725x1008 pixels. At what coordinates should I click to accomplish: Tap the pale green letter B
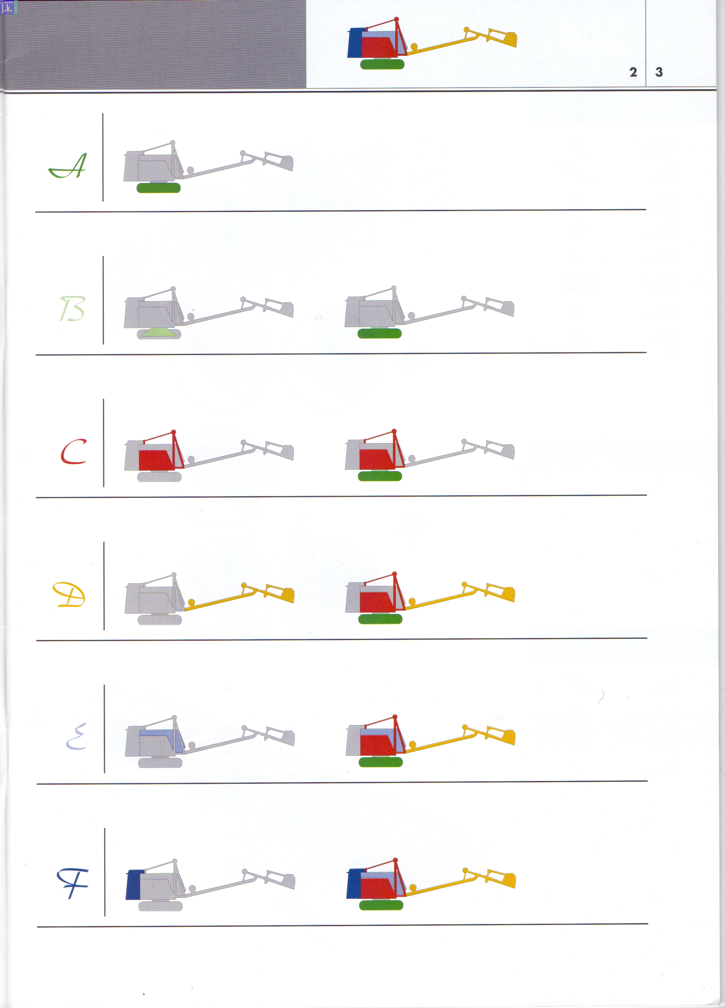72,309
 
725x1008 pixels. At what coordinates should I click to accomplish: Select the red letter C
73,451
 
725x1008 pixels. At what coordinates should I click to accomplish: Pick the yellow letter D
69,595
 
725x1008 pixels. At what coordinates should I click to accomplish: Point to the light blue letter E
76,737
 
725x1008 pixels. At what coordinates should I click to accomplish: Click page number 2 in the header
633,72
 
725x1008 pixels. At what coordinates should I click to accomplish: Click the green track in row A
159,187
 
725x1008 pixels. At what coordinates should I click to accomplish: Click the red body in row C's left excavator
155,460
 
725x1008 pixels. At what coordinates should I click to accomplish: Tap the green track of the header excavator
382,64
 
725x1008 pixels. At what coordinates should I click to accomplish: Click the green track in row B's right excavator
380,333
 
